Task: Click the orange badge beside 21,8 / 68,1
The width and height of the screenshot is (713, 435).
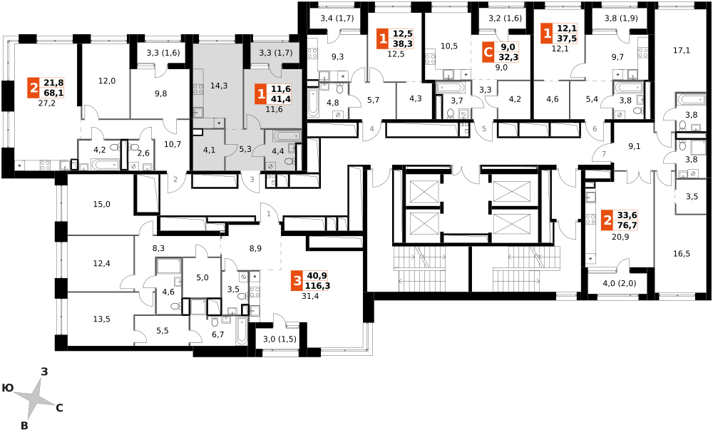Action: click(x=34, y=88)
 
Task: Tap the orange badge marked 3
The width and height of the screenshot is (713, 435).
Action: click(x=297, y=281)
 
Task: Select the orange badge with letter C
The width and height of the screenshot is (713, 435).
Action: click(x=488, y=52)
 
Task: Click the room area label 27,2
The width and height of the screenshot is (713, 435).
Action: click(x=47, y=103)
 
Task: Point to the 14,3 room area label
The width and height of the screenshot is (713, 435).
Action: click(x=219, y=86)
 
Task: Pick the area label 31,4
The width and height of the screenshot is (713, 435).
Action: click(x=310, y=296)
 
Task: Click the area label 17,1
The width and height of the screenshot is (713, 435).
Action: click(x=681, y=51)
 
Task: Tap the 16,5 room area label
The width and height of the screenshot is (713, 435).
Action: click(x=681, y=253)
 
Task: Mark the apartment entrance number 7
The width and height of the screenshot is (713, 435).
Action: click(x=604, y=154)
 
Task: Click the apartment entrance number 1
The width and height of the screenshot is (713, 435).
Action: click(x=268, y=213)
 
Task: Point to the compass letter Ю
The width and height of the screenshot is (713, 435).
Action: click(x=7, y=388)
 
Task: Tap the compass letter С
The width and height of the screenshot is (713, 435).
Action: click(x=59, y=408)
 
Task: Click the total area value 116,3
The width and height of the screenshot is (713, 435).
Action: click(x=318, y=286)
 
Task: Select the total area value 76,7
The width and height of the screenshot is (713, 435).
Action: click(x=627, y=225)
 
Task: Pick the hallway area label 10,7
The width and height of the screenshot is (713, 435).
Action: click(x=173, y=144)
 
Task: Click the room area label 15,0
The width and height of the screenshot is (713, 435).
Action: click(x=101, y=204)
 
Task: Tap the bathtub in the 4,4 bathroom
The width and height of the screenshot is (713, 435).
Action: click(x=287, y=135)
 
